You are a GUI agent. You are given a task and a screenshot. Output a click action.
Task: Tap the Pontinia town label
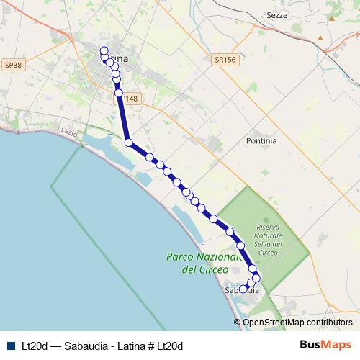261,141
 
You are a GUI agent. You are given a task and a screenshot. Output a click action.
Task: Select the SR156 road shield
225,61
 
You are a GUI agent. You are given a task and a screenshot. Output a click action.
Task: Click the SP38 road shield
13,65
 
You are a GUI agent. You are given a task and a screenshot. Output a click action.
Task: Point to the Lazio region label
69,133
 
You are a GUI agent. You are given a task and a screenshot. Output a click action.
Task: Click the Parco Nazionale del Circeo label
202,263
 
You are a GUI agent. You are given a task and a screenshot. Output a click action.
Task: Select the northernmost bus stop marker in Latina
104,50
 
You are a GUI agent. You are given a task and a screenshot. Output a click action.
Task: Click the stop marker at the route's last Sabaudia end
243,289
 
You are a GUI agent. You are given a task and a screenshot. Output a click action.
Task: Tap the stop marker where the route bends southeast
129,143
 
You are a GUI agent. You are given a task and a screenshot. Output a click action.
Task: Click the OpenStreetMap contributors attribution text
297,323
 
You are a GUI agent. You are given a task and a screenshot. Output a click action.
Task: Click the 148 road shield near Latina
130,99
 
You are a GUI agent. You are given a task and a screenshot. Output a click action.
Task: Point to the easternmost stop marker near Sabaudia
256,278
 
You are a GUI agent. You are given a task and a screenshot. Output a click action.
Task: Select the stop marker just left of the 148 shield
118,92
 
